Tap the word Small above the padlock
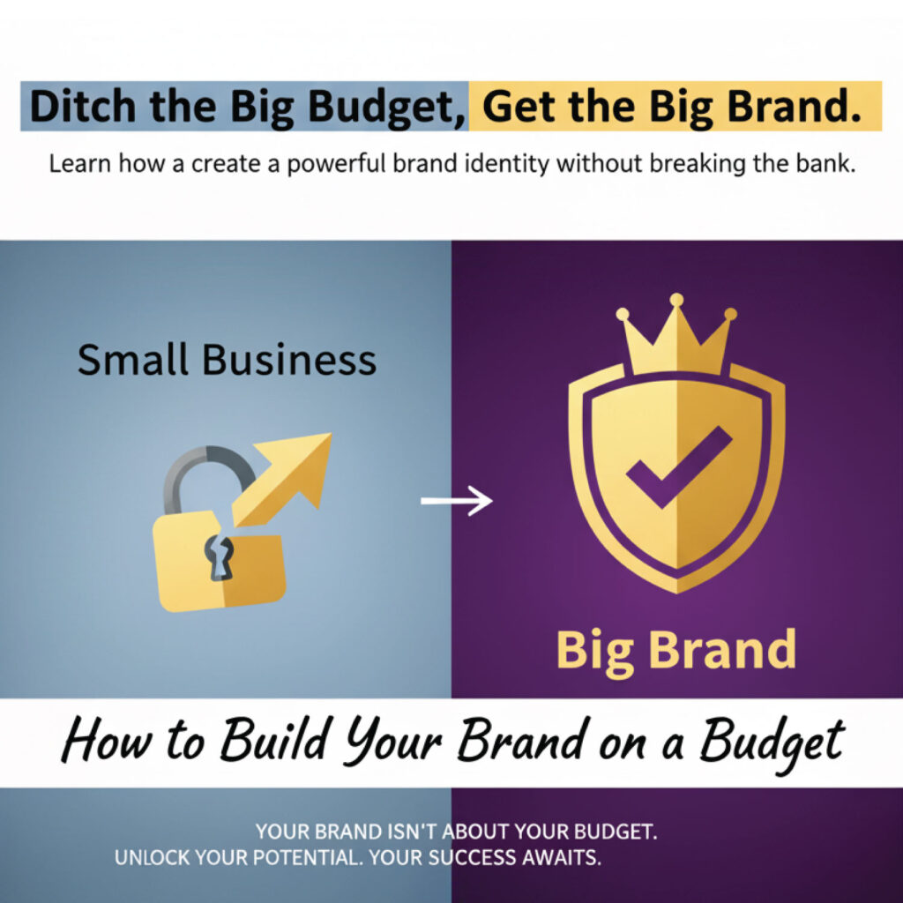pos(133,360)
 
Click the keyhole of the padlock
pos(216,557)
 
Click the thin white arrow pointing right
pos(455,502)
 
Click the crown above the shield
pos(676,339)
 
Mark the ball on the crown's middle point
pos(676,301)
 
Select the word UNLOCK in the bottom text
pos(152,857)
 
